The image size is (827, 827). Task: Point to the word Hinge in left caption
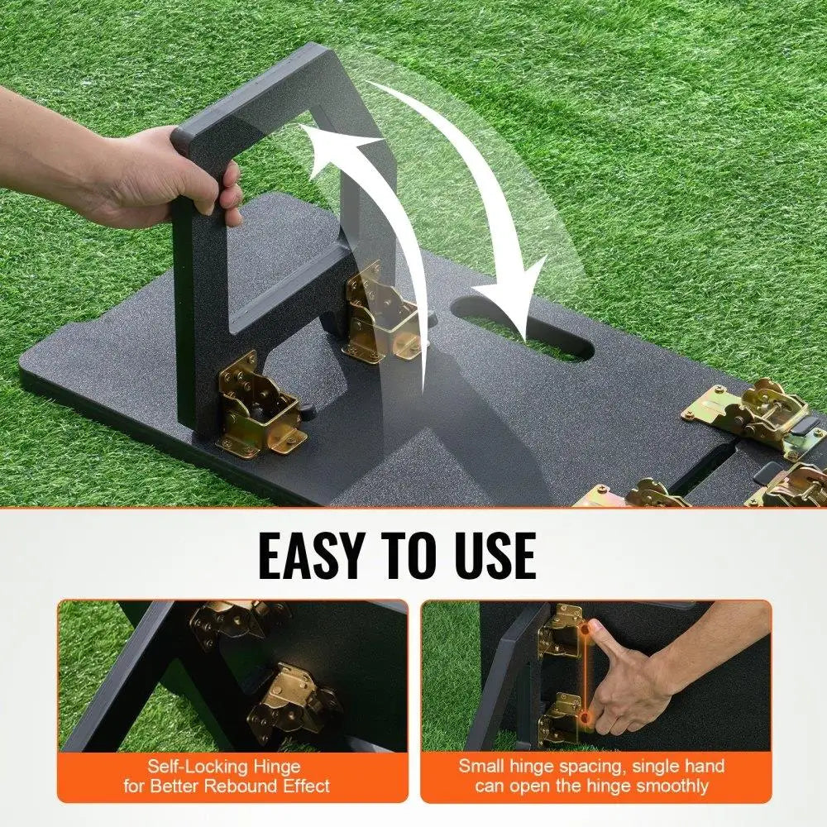pyautogui.click(x=277, y=767)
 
